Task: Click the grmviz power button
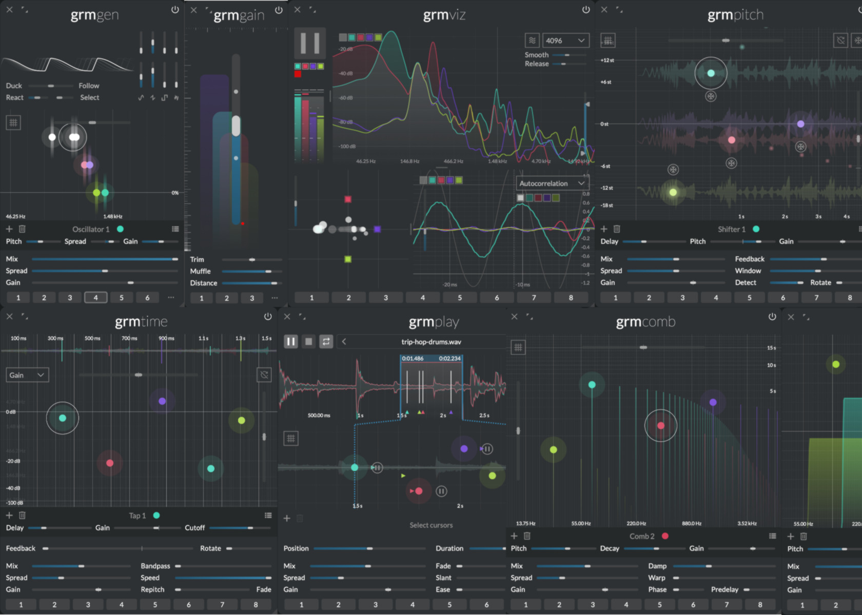tap(586, 10)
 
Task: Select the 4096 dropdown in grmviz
tap(565, 40)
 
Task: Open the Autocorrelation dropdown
tap(552, 183)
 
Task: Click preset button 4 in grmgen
tap(95, 297)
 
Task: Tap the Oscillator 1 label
tap(91, 229)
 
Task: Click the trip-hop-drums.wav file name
tap(431, 342)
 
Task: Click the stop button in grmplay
tap(308, 342)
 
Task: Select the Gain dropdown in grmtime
tap(27, 375)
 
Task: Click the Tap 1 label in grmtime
tap(137, 516)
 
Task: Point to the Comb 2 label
tap(642, 536)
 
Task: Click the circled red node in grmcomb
tap(661, 425)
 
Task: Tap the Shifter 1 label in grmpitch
tap(731, 229)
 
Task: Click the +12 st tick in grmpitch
tap(607, 60)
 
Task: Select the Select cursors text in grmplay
tap(431, 525)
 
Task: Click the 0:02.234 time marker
tap(449, 358)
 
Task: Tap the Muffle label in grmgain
tap(200, 271)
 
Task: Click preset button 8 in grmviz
tap(571, 297)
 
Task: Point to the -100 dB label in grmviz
tap(347, 147)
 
